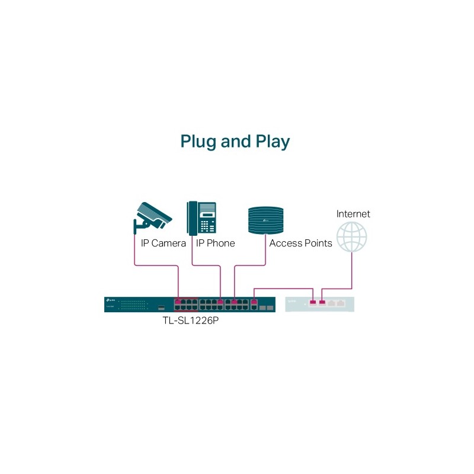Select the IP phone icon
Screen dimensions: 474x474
201,217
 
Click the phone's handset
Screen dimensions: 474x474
192,217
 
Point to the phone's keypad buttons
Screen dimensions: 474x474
207,225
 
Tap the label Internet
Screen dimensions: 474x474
353,213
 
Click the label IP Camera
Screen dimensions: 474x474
164,244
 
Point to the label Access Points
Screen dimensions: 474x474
300,244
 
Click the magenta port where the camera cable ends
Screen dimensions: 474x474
178,302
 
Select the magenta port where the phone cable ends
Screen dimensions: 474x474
220,302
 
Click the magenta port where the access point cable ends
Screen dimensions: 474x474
235,302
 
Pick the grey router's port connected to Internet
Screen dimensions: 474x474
322,302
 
